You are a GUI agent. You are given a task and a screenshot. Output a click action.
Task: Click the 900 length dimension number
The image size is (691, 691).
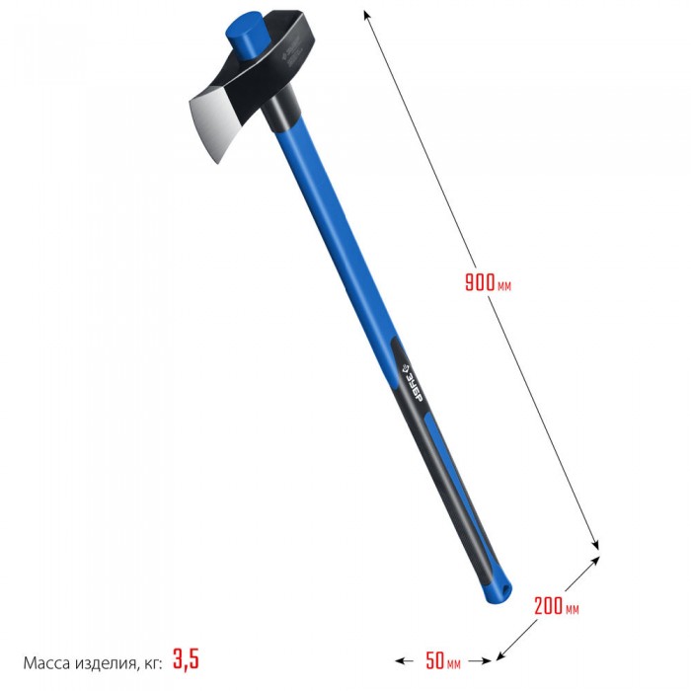pos(480,281)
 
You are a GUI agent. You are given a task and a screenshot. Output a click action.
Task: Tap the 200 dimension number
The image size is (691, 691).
pos(548,605)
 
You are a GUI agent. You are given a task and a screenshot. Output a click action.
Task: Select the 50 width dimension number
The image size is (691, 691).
pos(434,659)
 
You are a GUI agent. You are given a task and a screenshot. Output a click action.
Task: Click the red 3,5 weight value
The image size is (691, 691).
pos(186,658)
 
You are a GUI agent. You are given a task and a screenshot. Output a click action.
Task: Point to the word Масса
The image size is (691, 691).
pos(46,662)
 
